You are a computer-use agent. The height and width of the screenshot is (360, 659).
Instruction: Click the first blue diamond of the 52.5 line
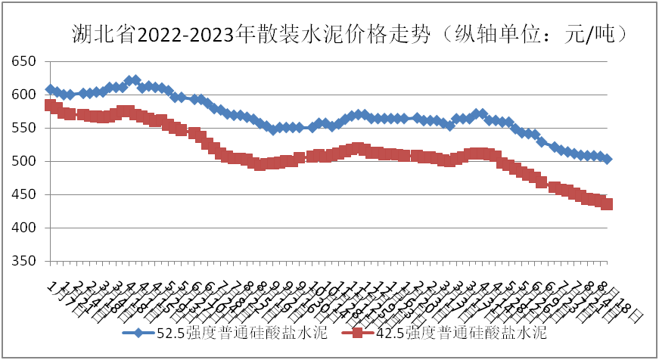click(x=50, y=89)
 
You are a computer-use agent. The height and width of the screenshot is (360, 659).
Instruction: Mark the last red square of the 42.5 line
click(x=607, y=204)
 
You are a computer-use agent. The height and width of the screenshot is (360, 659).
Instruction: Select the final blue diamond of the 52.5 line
click(x=607, y=159)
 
